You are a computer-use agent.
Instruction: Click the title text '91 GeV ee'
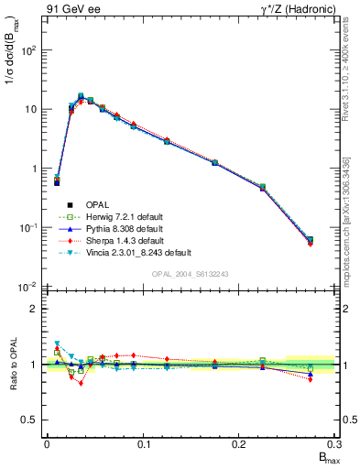[71, 9]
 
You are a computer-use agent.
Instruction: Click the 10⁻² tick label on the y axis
[28, 287]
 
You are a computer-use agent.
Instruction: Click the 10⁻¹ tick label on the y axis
[28, 228]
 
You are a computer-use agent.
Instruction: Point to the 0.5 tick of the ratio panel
[32, 420]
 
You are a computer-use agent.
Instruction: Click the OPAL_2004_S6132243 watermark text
[190, 275]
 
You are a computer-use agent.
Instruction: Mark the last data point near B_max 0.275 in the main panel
[311, 241]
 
